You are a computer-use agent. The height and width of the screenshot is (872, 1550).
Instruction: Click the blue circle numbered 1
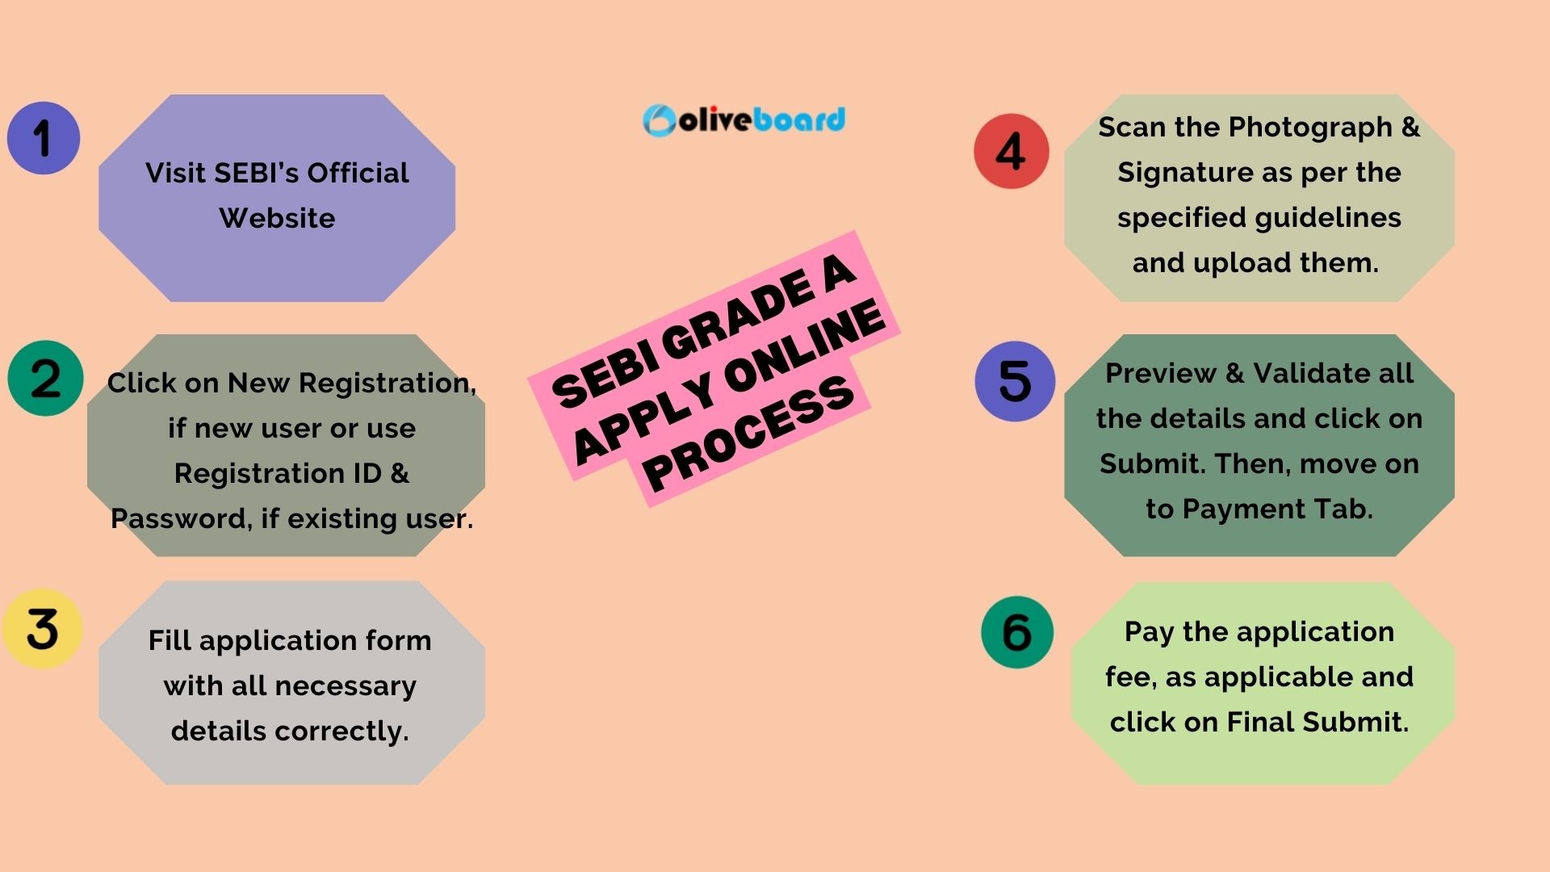tap(44, 138)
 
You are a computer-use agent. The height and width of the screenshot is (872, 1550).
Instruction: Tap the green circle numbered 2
tap(45, 378)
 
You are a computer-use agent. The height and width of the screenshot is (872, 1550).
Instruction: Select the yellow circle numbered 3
tap(42, 628)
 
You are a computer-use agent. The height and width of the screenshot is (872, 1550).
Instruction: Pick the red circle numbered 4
tap(1011, 151)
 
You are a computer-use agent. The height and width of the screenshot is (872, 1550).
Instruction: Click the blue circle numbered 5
tap(1015, 381)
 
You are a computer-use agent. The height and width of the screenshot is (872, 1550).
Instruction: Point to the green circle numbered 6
tap(1017, 632)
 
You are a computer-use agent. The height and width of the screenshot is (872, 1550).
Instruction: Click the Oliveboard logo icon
tap(659, 120)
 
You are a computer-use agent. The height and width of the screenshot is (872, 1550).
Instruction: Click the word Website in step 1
tap(277, 218)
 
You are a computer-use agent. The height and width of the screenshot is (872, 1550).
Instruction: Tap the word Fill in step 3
tap(170, 640)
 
